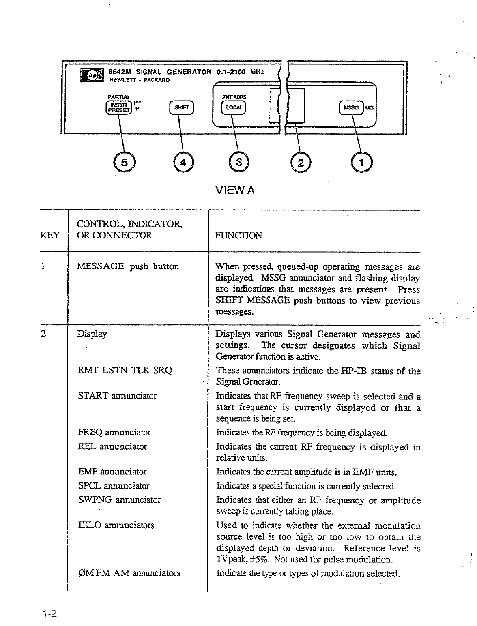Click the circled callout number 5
tap(125, 163)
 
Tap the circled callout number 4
tap(183, 163)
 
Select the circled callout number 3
tap(239, 163)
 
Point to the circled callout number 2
tap(301, 163)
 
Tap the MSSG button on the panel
tap(351, 107)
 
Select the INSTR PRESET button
tap(118, 107)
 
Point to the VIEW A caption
tap(235, 190)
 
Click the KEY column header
tap(50, 235)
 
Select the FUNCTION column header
tap(238, 235)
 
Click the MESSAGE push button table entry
tap(128, 266)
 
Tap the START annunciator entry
tap(117, 396)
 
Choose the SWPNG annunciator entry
tap(120, 500)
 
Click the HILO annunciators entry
tap(116, 525)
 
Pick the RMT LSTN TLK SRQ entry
tap(125, 370)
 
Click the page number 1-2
tap(48, 614)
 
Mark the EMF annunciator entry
tap(112, 472)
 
